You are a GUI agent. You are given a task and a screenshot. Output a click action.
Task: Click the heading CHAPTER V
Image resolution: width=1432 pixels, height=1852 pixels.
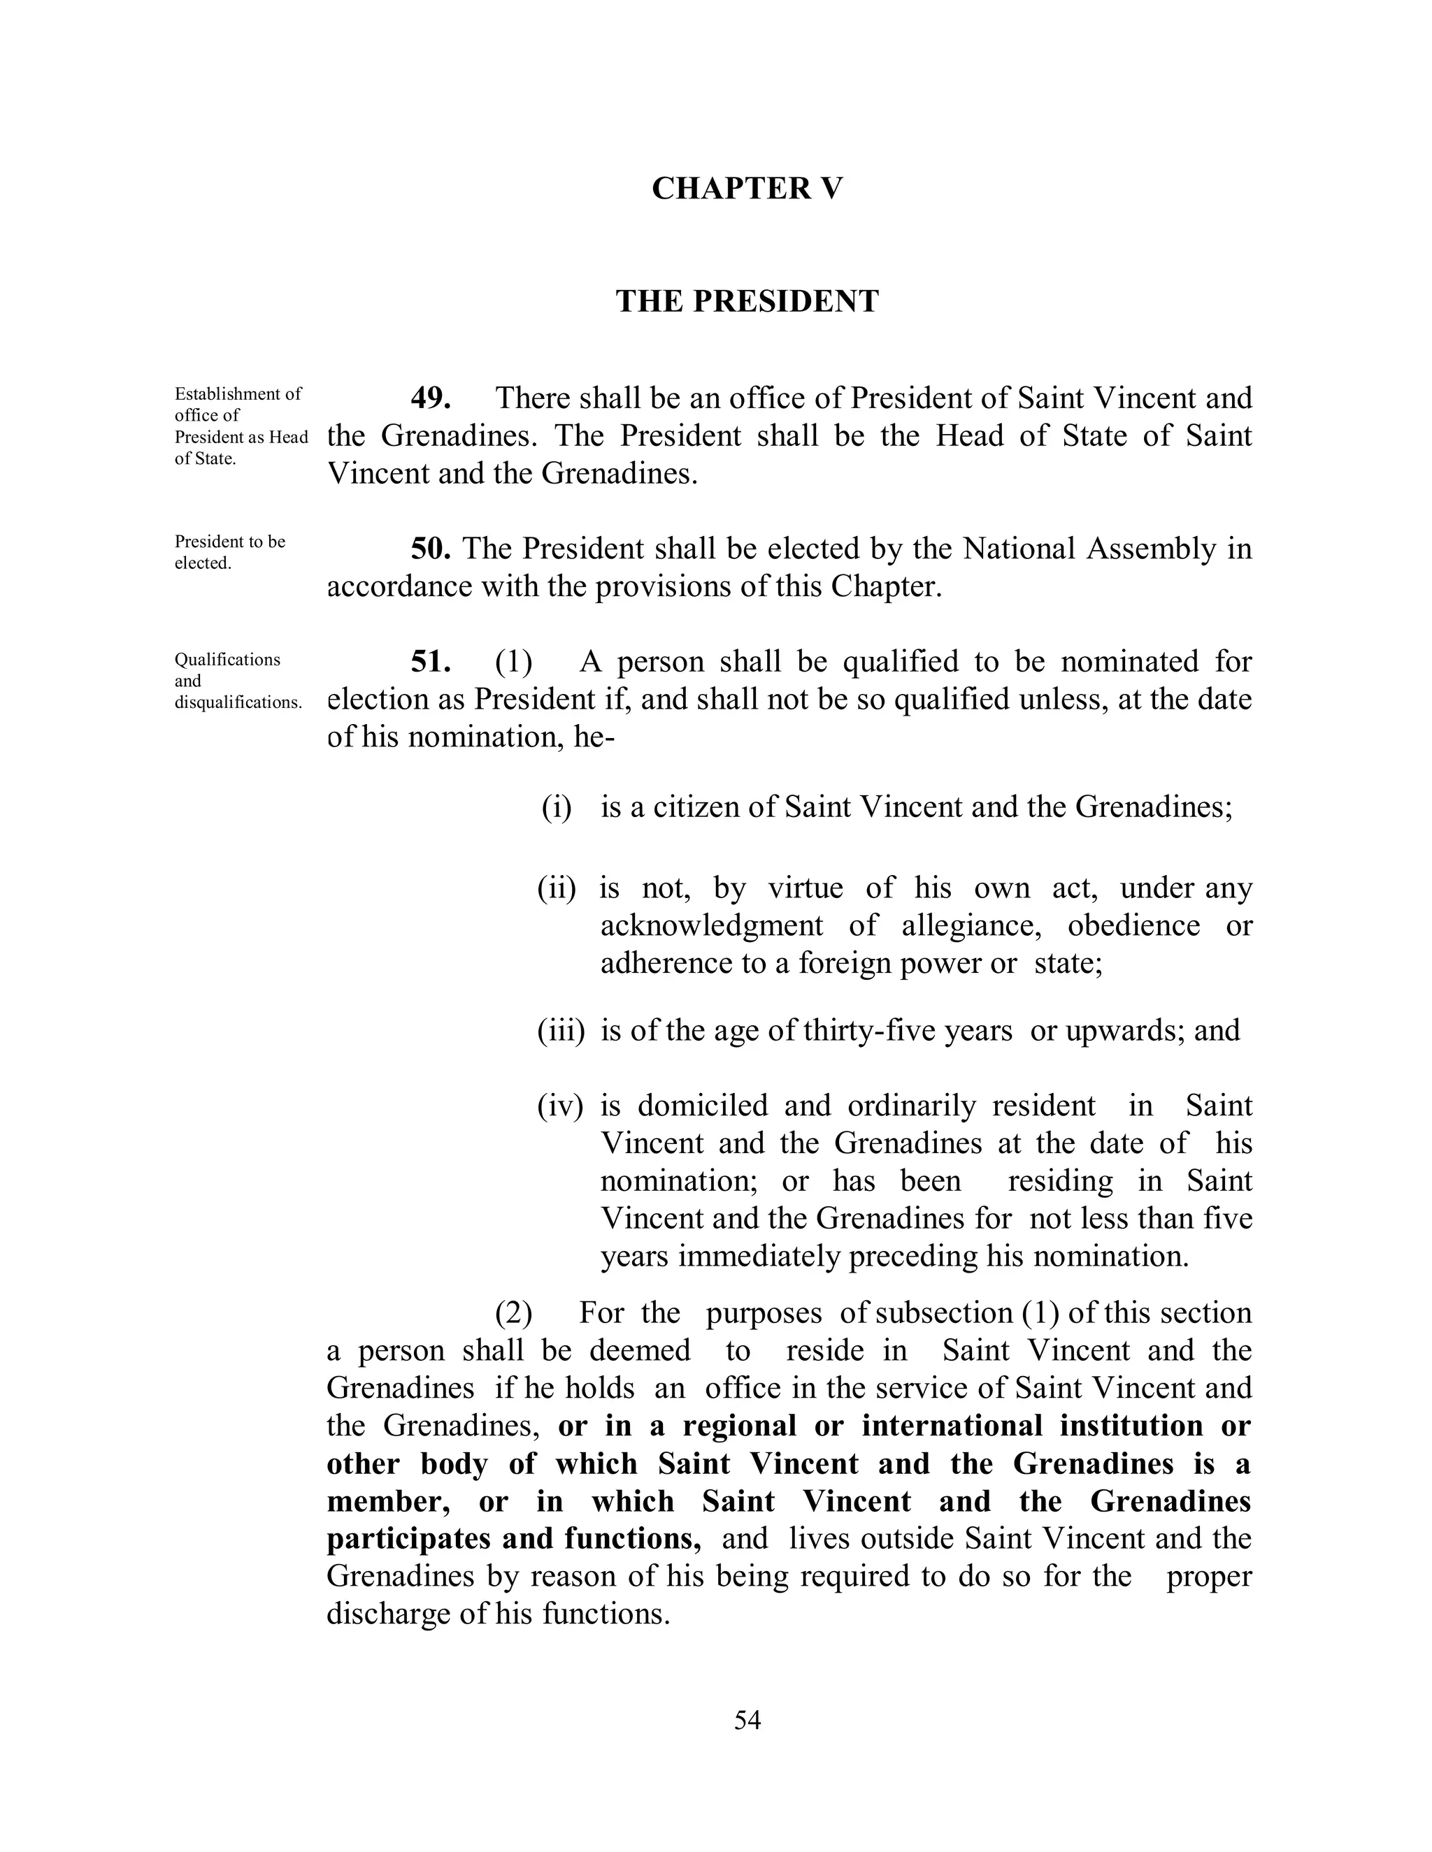pyautogui.click(x=747, y=188)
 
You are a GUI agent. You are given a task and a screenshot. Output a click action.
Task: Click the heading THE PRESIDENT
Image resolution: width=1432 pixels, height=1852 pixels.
pyautogui.click(x=747, y=301)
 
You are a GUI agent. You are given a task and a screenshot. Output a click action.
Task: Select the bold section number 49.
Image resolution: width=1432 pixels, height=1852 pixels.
pyautogui.click(x=430, y=398)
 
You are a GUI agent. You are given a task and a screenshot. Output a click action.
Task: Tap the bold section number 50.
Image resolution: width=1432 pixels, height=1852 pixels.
pyautogui.click(x=430, y=549)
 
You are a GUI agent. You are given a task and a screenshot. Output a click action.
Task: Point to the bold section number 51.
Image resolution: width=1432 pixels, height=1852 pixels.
pyautogui.click(x=430, y=661)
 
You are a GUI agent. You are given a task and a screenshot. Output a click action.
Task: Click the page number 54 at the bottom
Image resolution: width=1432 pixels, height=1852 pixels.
pyautogui.click(x=747, y=1720)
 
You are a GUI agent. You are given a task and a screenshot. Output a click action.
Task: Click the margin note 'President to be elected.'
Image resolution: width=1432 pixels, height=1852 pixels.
pyautogui.click(x=229, y=552)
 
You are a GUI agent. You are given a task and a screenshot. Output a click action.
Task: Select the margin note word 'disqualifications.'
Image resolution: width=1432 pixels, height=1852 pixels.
pyautogui.click(x=238, y=703)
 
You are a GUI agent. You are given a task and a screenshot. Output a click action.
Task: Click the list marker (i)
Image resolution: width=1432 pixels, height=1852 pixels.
pyautogui.click(x=557, y=806)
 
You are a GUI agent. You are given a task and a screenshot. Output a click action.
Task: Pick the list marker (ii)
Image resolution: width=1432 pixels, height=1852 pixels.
pyautogui.click(x=557, y=888)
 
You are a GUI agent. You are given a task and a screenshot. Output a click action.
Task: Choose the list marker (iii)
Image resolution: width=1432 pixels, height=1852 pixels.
pyautogui.click(x=561, y=1030)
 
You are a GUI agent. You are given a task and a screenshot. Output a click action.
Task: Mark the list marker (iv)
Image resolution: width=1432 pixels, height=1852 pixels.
pyautogui.click(x=560, y=1106)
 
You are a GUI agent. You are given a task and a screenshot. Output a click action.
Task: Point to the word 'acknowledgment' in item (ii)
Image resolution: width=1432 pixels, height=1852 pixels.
pyautogui.click(x=711, y=925)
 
